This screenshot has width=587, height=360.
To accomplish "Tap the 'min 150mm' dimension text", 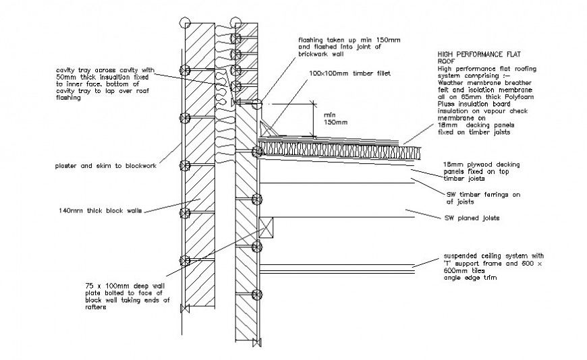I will (x=335, y=118).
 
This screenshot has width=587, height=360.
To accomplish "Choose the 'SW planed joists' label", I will (x=471, y=218).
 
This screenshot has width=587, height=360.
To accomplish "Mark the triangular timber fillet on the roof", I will (x=270, y=128).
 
